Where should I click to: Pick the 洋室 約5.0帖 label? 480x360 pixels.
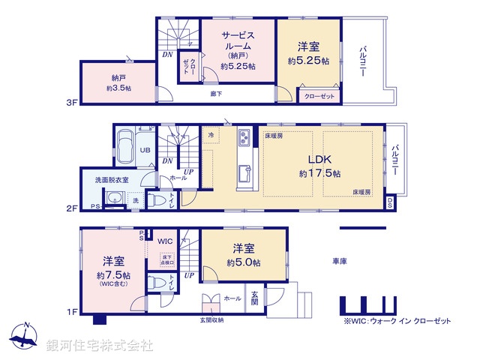click(x=245, y=255)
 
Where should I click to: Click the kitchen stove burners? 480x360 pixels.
click(x=245, y=138)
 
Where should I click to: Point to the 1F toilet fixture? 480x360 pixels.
click(x=157, y=283)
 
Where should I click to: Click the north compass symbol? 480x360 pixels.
click(x=25, y=337)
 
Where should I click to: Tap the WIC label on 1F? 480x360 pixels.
click(x=166, y=241)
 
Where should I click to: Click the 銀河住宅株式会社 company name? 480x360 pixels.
click(x=100, y=346)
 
